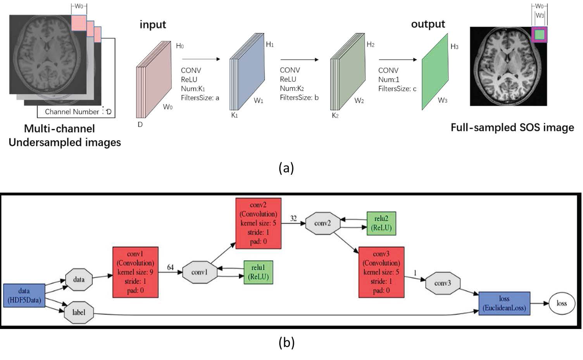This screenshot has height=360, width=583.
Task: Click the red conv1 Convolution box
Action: point(135,272)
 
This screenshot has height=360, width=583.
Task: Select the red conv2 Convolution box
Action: point(258,223)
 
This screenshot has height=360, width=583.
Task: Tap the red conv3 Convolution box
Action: point(381,272)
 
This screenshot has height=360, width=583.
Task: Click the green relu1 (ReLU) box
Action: point(258,272)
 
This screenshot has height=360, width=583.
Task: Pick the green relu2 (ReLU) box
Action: point(381,223)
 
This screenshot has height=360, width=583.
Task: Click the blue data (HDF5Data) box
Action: point(24,296)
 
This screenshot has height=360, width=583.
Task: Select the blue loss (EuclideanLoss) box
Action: point(504,303)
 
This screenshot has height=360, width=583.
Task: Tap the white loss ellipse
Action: point(562,303)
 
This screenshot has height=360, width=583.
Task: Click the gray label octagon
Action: point(79,312)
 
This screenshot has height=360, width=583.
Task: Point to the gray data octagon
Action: point(79,279)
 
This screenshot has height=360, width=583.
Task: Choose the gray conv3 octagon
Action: point(442,283)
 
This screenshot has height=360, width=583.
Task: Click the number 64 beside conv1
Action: point(170,267)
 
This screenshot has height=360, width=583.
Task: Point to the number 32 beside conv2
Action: point(293,219)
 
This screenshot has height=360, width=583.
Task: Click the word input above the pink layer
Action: point(153,25)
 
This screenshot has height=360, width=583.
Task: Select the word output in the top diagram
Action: point(428,24)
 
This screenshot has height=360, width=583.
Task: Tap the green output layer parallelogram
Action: point(435,72)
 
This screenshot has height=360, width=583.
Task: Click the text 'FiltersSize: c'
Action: point(397,89)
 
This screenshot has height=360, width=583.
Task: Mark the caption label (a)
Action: point(286,168)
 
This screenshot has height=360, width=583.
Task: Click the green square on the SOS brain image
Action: point(539,35)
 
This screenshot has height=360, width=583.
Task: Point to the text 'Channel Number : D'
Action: point(78,112)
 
